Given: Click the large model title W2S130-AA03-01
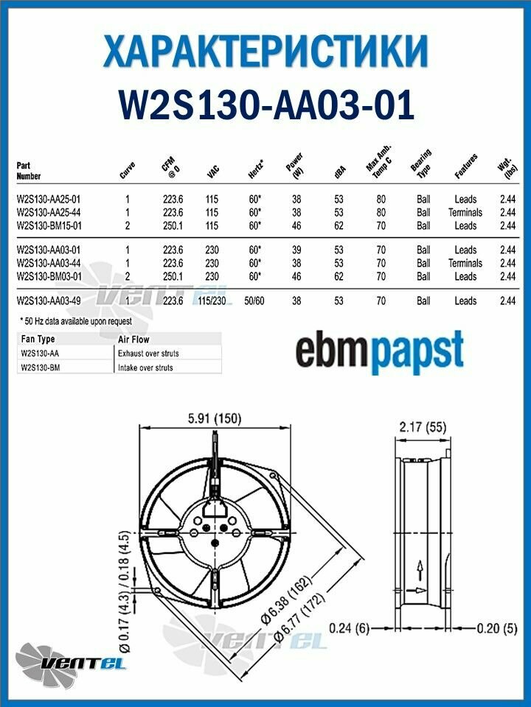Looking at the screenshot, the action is (x=266, y=105).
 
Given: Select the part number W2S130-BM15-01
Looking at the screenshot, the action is (x=49, y=225).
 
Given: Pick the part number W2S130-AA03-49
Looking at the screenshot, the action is (x=49, y=300).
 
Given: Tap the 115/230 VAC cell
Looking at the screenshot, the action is (x=212, y=300).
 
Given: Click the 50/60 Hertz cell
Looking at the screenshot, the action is (x=254, y=300).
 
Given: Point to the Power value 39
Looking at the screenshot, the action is (x=296, y=250).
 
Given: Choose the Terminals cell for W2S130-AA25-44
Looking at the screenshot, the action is (x=465, y=212).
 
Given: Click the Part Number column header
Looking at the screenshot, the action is (x=29, y=171).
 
